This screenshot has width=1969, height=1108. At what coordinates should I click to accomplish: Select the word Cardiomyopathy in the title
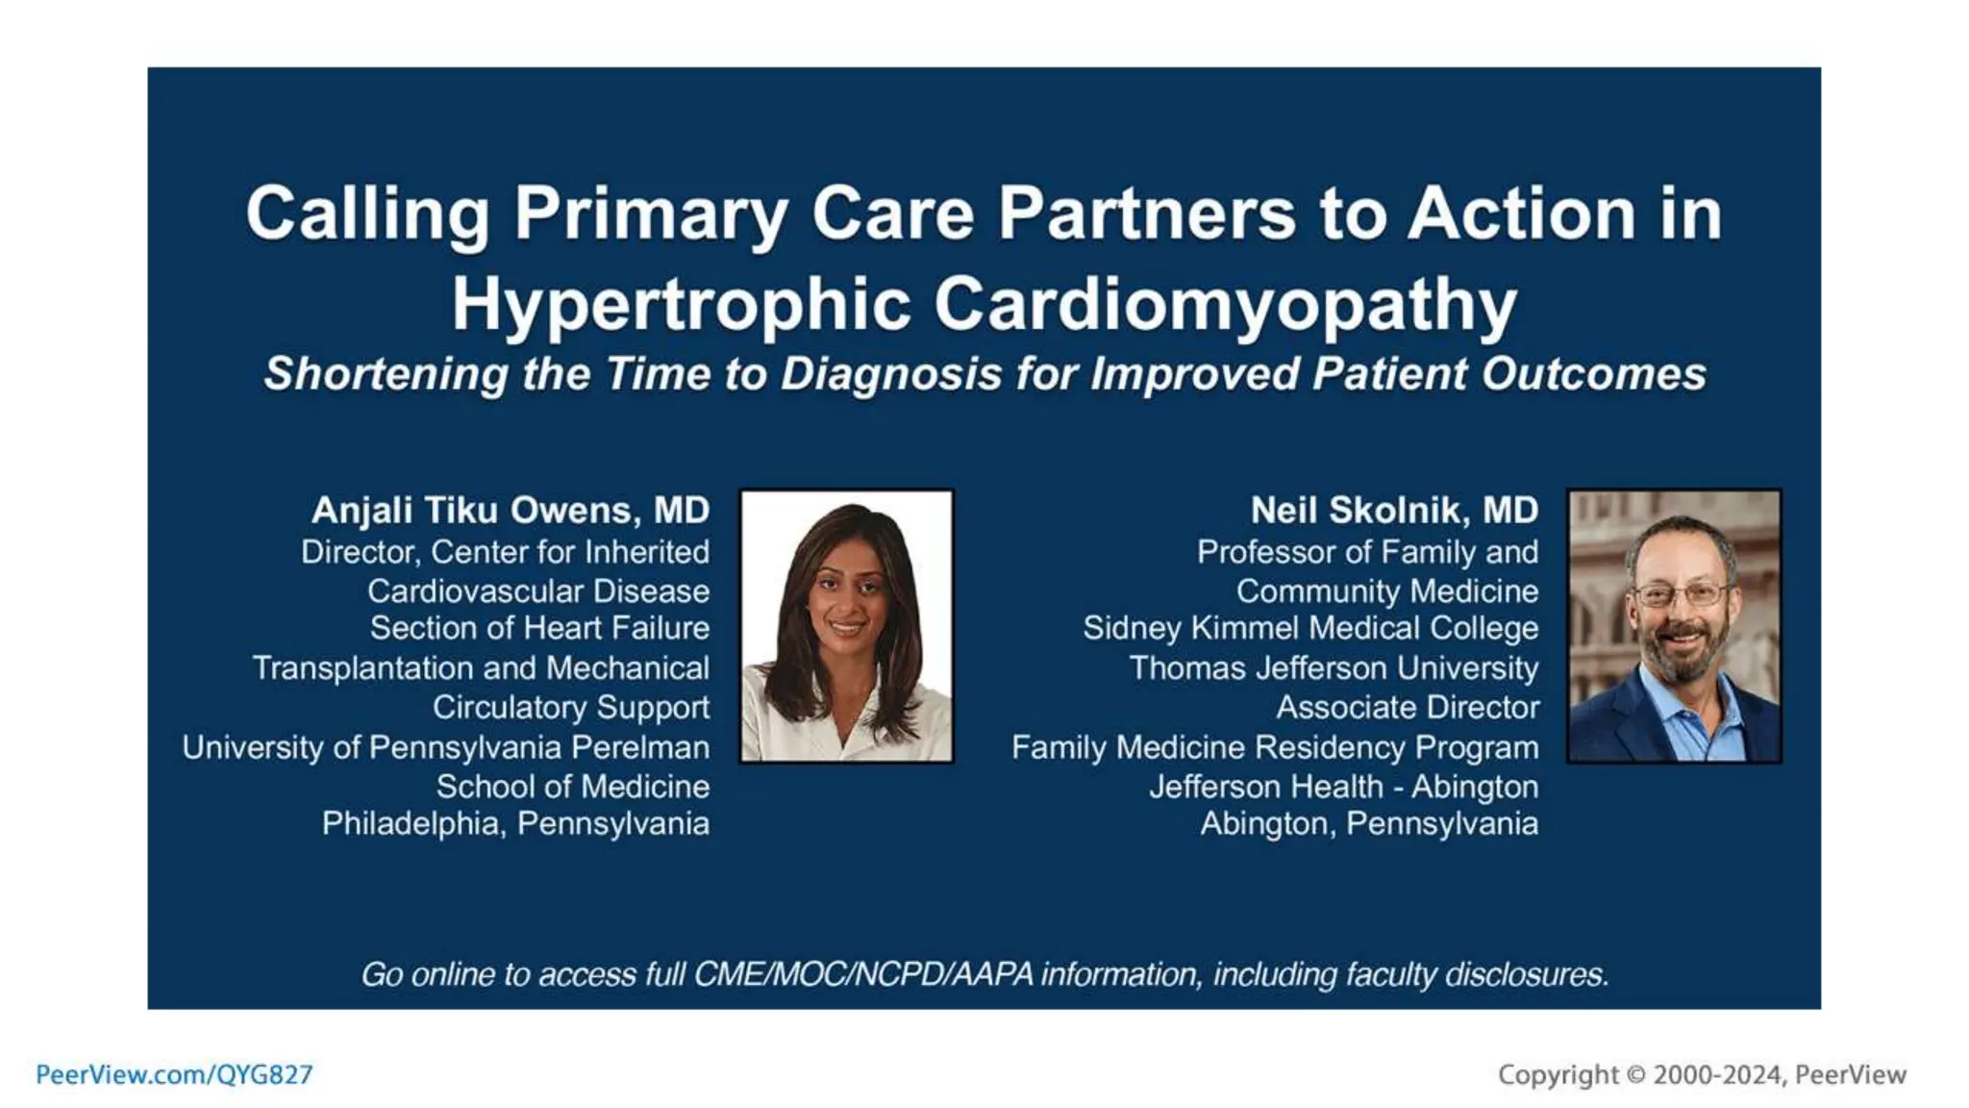1225,305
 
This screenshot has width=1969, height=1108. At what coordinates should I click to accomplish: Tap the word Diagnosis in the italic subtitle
891,374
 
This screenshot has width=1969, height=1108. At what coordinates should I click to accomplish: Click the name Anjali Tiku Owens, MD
511,510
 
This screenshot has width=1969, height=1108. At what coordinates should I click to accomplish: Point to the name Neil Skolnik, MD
1394,510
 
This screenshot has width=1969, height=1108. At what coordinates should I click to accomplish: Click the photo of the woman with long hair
846,626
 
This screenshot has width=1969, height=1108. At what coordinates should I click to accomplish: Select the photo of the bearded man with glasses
1674,626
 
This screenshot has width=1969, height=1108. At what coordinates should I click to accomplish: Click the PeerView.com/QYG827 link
174,1074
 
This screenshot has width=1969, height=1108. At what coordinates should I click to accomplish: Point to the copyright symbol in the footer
1635,1074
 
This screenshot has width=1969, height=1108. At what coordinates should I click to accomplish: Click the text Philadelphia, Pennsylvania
515,824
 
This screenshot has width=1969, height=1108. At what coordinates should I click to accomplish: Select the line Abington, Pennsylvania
1369,824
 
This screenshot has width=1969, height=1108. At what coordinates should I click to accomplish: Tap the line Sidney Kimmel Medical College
1310,628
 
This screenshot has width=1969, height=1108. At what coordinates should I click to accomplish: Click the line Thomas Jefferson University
1333,667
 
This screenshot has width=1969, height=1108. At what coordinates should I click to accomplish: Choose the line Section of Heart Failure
539,628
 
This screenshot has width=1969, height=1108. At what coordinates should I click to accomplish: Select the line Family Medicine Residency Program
1275,747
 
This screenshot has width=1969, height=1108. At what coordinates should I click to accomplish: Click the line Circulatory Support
571,707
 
